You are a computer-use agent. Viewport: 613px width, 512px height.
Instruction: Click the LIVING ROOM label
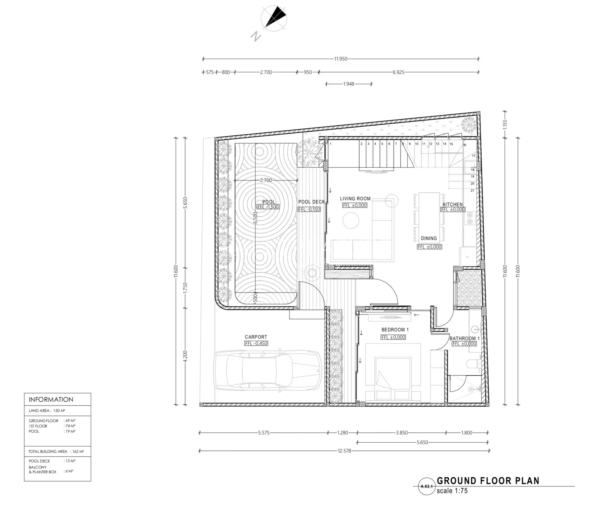tap(355, 199)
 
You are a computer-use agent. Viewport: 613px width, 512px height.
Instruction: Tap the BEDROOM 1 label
tap(395, 330)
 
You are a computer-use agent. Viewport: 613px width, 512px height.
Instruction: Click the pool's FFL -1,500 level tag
tap(268, 207)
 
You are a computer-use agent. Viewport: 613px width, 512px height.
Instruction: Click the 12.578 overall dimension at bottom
tap(344, 451)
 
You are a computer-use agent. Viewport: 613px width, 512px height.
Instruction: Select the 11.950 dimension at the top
tap(341, 59)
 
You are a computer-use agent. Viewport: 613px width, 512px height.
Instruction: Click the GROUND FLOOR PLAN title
tap(488, 481)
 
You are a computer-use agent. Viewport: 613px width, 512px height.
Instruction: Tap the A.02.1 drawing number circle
tap(427, 486)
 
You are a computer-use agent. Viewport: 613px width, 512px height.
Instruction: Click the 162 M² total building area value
tap(78, 451)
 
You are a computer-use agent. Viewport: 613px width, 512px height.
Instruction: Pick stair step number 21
tap(473, 191)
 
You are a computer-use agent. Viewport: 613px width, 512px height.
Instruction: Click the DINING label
tap(429, 238)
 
